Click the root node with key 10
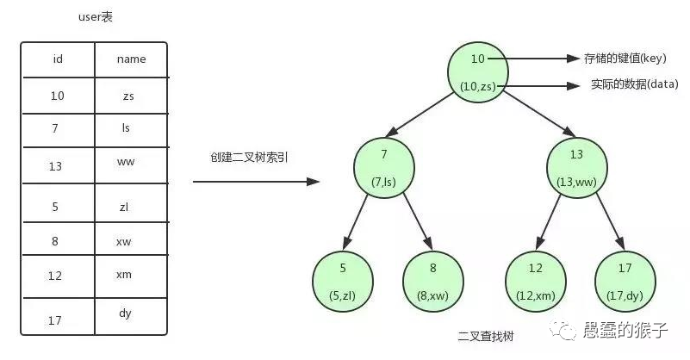pyautogui.click(x=479, y=71)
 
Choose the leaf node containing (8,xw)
pyautogui.click(x=433, y=282)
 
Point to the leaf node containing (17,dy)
pyautogui.click(x=625, y=282)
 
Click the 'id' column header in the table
pyautogui.click(x=58, y=59)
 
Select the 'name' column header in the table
pyautogui.click(x=131, y=59)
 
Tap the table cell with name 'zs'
pyautogui.click(x=128, y=96)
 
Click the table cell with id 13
pyautogui.click(x=56, y=166)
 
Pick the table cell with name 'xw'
pyautogui.click(x=123, y=241)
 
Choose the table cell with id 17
pyautogui.click(x=55, y=320)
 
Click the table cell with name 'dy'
pyautogui.click(x=125, y=313)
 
